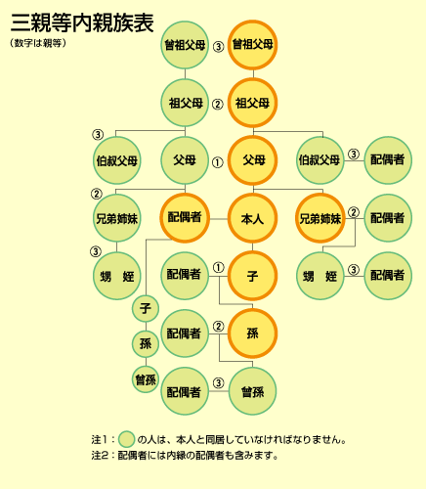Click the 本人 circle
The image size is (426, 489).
click(x=252, y=218)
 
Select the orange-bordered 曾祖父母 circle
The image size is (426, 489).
click(x=252, y=45)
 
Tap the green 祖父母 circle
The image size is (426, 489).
click(x=185, y=103)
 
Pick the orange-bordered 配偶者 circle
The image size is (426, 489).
click(x=185, y=218)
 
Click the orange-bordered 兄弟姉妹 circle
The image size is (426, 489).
click(x=320, y=218)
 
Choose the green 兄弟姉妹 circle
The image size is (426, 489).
click(x=117, y=218)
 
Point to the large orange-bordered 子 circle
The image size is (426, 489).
click(x=252, y=276)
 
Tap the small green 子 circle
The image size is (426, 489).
click(x=146, y=308)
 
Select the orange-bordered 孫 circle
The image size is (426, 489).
click(x=252, y=333)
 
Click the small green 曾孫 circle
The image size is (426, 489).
click(x=146, y=379)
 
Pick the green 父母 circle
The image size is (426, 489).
click(x=185, y=160)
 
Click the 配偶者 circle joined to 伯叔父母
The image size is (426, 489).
click(x=388, y=160)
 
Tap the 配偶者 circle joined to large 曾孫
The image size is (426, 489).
click(x=185, y=391)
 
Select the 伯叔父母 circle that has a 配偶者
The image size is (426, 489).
click(x=320, y=160)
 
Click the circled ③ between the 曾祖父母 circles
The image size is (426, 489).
click(x=219, y=47)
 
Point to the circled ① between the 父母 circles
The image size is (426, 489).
click(x=218, y=162)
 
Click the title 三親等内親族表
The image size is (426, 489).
click(x=82, y=22)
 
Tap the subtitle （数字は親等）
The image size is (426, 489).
click(x=38, y=43)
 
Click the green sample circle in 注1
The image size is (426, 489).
click(x=126, y=439)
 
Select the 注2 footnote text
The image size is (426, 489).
click(x=185, y=456)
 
